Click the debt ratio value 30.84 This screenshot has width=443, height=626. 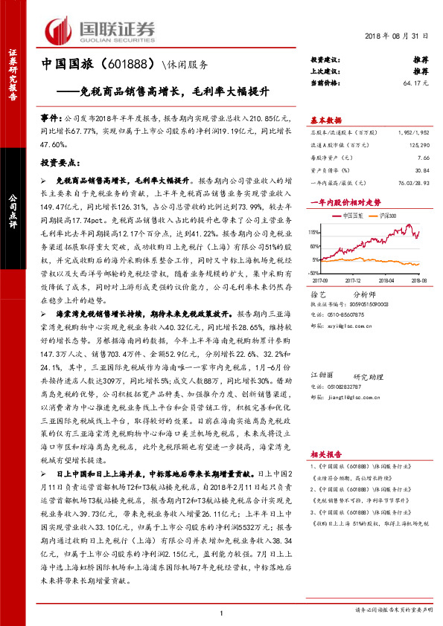[x=421, y=170]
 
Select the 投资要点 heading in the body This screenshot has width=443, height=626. [x=59, y=161]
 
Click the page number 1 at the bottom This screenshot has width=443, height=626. [x=221, y=613]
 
